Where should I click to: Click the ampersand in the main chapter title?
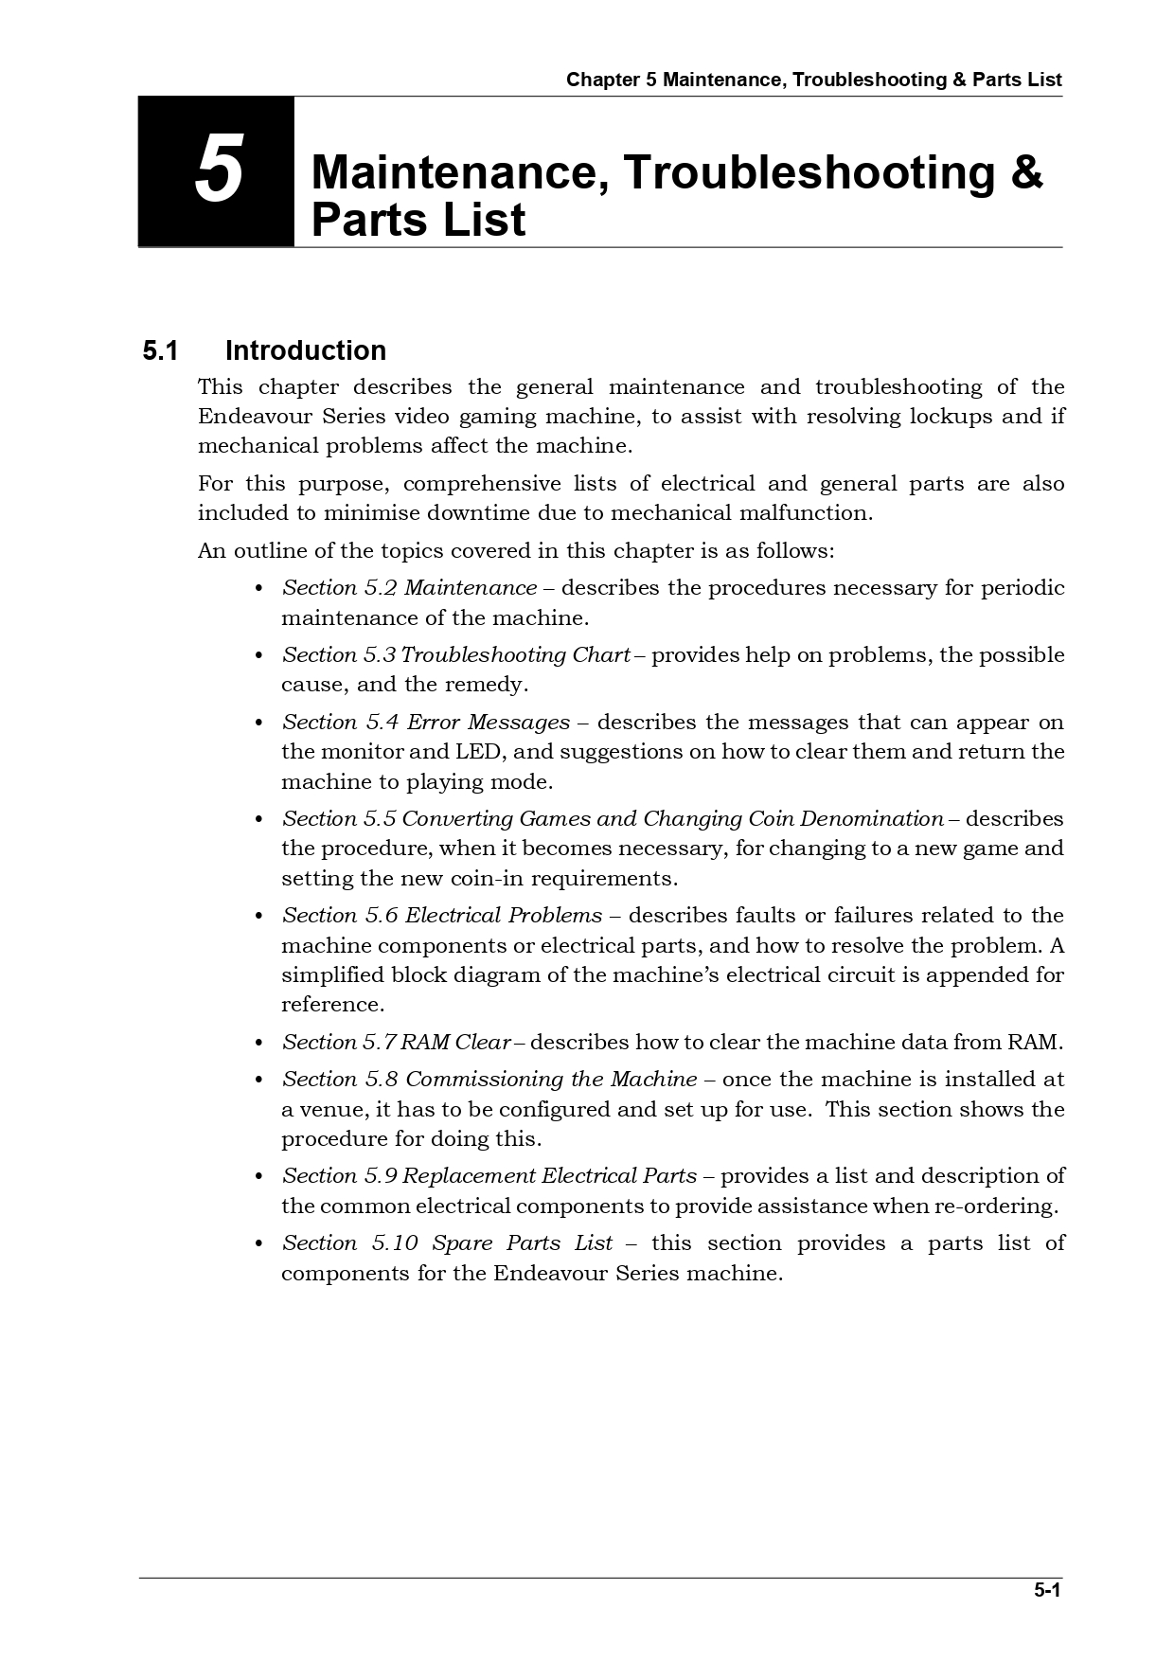tap(1026, 172)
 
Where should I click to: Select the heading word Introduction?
tap(305, 351)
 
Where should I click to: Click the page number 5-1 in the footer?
tap(1046, 1590)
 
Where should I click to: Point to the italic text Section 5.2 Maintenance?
tap(409, 588)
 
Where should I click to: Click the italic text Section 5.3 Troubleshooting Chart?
tap(455, 655)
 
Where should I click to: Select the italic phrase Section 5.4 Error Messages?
tap(425, 723)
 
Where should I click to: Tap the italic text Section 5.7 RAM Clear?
tap(396, 1043)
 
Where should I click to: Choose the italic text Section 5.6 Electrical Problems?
tap(441, 916)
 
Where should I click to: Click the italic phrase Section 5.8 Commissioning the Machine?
tap(489, 1080)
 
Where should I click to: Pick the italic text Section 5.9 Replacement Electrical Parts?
tap(489, 1176)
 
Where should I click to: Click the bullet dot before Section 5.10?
tap(258, 1244)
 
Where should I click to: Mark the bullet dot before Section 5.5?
tap(258, 820)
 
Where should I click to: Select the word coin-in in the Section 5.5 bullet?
tap(484, 879)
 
